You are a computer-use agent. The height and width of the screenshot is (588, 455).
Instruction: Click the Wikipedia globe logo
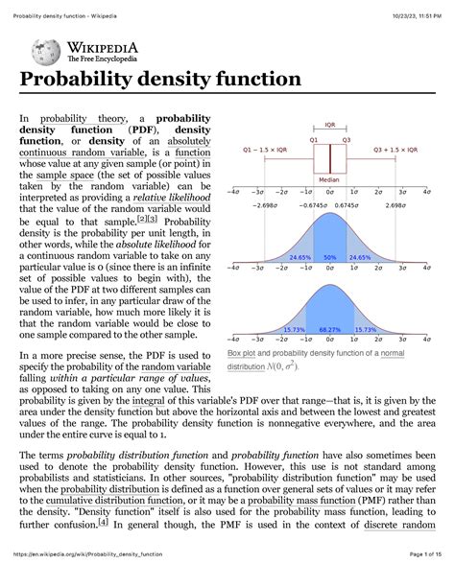[46, 52]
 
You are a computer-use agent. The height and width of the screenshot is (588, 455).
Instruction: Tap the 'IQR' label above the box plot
[330, 125]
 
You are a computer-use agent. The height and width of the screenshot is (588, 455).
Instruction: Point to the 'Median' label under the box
[330, 179]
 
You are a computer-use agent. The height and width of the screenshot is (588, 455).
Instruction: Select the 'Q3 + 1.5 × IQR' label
[395, 151]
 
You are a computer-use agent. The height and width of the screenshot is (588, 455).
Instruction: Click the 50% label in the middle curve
[329, 258]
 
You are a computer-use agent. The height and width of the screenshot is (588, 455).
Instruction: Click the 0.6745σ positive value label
[348, 205]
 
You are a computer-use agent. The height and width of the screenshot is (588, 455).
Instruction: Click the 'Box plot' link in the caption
[245, 355]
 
